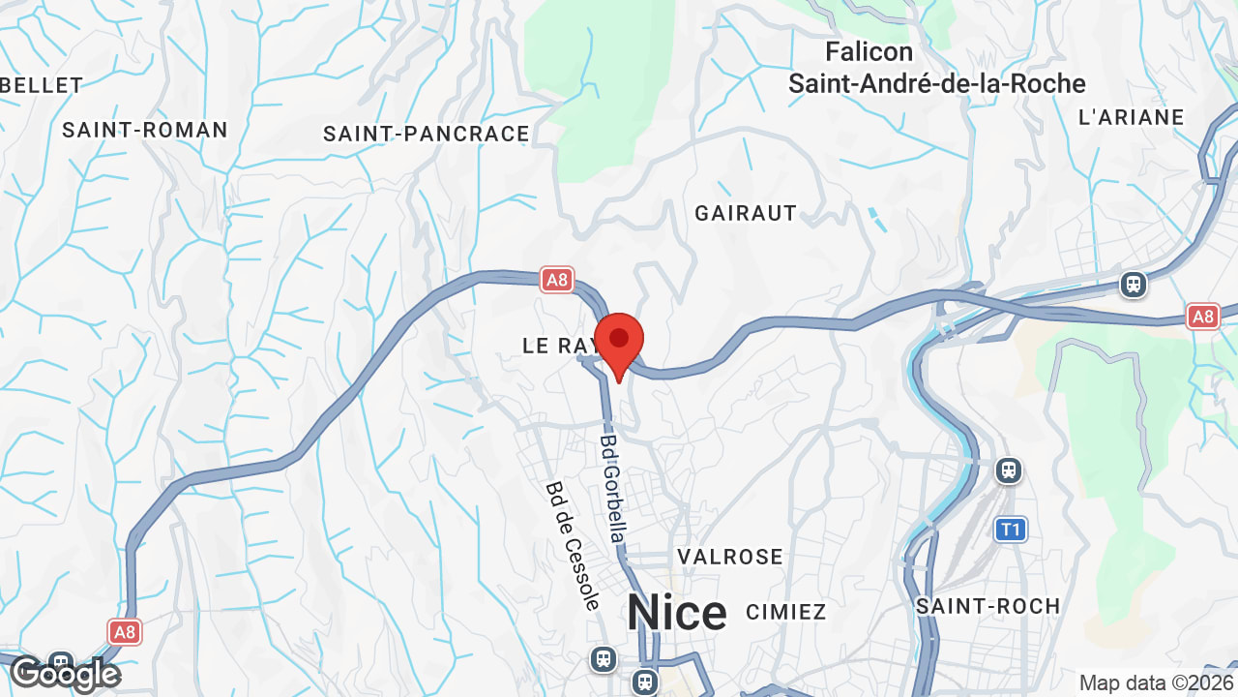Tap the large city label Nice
coord(676,613)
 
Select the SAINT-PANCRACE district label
coord(427,134)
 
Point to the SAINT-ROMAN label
coord(145,130)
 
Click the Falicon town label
coord(869,51)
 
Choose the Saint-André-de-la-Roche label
coord(936,83)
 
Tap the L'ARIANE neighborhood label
coord(1131,117)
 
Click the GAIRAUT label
coord(746,213)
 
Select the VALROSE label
coord(730,557)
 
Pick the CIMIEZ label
coord(786,612)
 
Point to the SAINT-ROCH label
coord(988,606)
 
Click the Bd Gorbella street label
coord(612,488)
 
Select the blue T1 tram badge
coord(1011,530)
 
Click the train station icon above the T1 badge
coord(1009,470)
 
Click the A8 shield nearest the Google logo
coord(125,632)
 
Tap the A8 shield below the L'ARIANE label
coord(1202,316)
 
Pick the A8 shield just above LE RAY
coord(556,281)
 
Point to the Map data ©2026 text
coord(1155,682)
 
